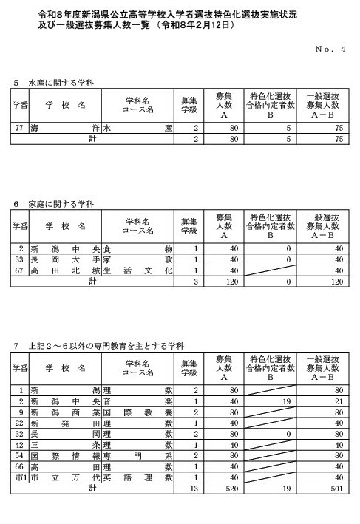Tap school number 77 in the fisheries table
[21, 128]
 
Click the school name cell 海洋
[65, 128]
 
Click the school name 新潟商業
[65, 411]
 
